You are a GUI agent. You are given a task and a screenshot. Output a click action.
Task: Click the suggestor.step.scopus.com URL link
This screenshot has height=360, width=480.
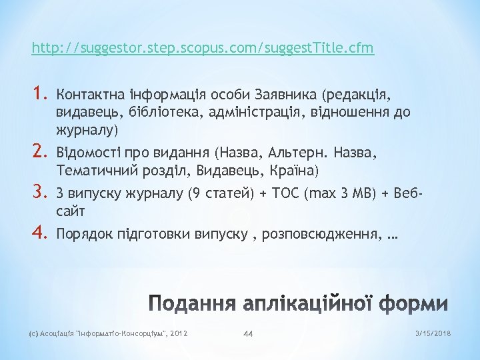click(x=203, y=48)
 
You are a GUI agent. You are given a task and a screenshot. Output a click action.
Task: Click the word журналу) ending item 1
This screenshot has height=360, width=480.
click(x=87, y=129)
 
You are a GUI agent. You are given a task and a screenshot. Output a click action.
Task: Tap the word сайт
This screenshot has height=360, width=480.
click(x=71, y=211)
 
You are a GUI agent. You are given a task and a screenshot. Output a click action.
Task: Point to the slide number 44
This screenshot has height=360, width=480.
click(x=249, y=333)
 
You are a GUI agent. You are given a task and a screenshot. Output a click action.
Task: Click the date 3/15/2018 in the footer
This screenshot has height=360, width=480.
click(x=434, y=333)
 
